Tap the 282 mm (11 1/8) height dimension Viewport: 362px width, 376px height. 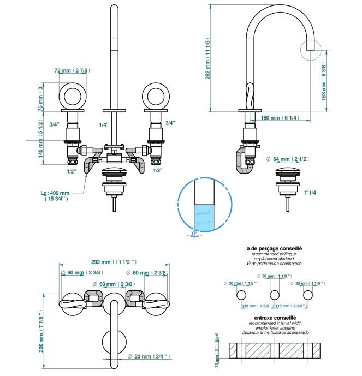point(208,60)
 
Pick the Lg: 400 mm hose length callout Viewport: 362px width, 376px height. point(56,196)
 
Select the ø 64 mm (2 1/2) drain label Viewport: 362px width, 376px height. point(288,159)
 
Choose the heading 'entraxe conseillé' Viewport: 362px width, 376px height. point(275,318)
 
